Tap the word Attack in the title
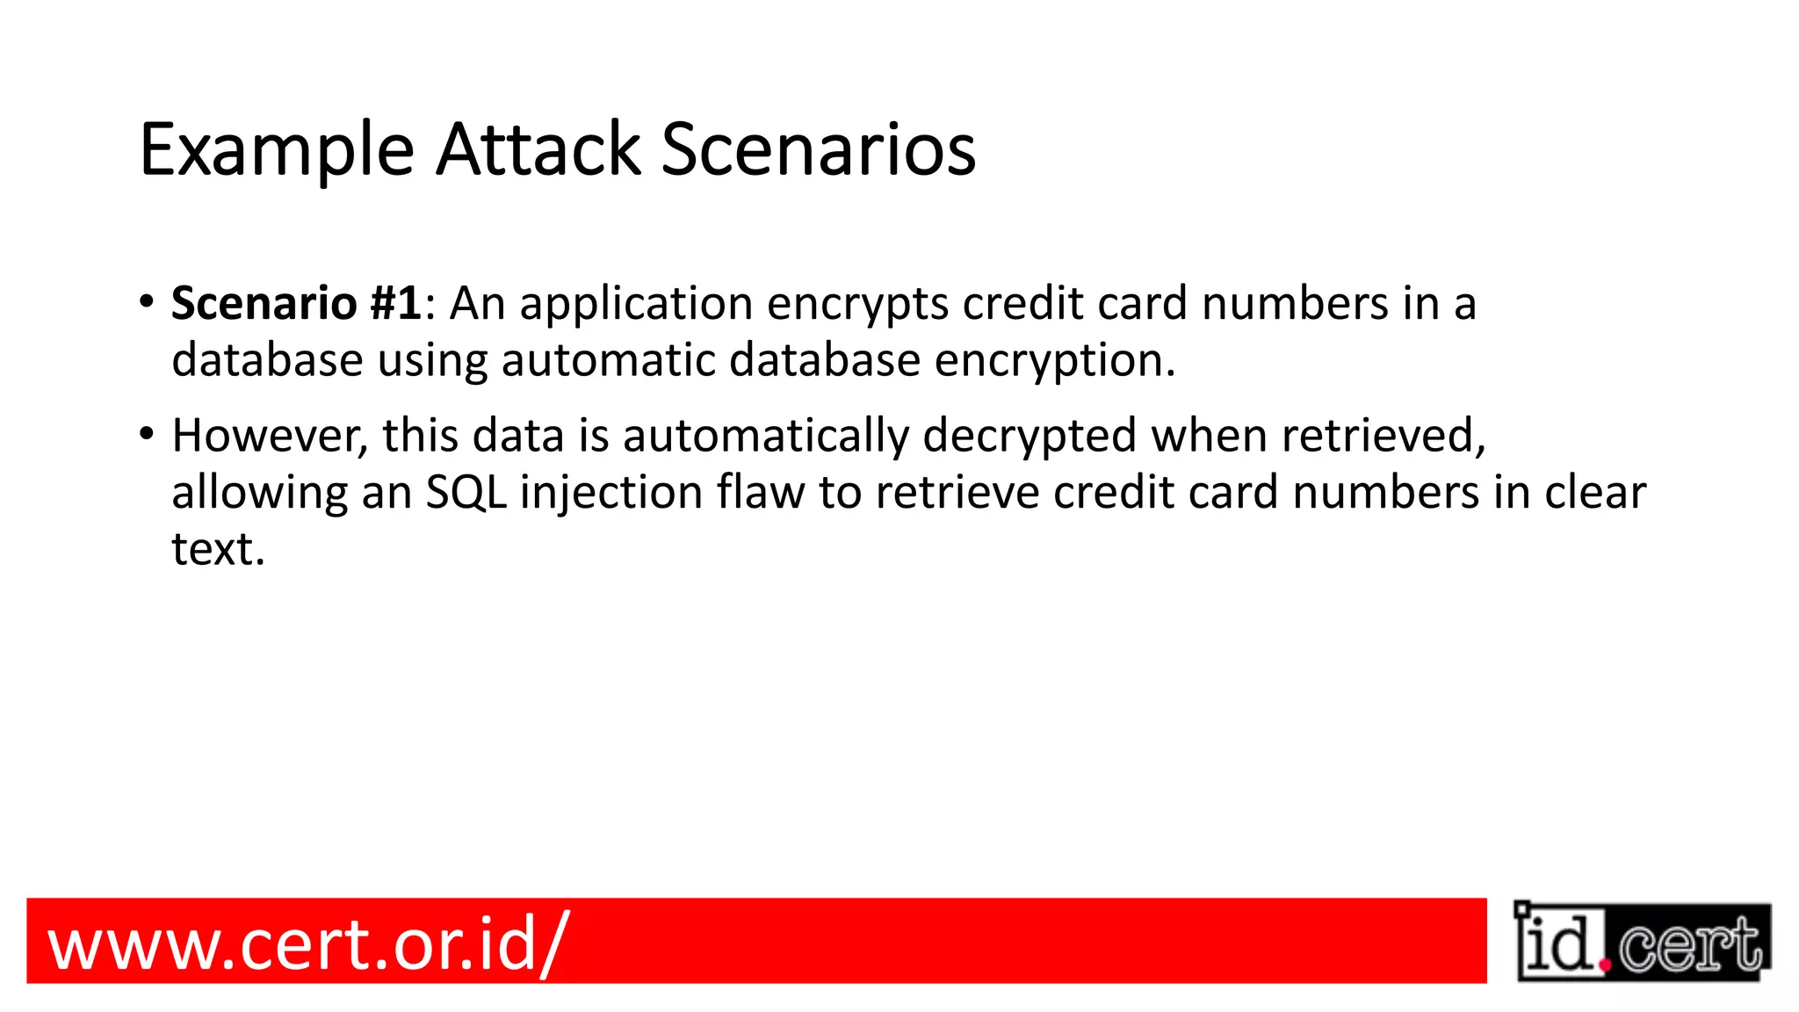click(538, 149)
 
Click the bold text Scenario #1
click(297, 304)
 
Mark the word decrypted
click(1029, 437)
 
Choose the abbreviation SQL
click(466, 493)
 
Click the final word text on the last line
click(216, 550)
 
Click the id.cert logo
click(1642, 942)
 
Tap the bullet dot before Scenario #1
click(147, 301)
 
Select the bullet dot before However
click(147, 434)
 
